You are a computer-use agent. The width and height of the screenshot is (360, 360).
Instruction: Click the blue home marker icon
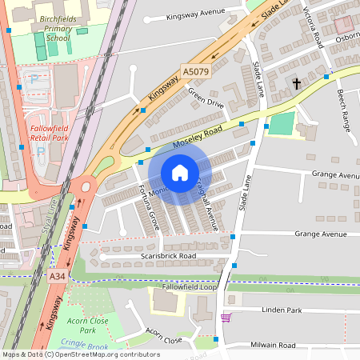180,173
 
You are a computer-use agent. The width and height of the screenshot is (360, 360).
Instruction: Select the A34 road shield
56,276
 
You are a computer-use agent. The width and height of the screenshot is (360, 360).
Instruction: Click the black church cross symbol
296,82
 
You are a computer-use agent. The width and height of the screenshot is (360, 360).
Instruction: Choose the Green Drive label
206,97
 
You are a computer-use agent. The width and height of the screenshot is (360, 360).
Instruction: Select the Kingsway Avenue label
197,15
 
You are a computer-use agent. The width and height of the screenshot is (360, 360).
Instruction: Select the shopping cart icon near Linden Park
226,318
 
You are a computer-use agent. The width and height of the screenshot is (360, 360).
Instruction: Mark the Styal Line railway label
49,219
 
